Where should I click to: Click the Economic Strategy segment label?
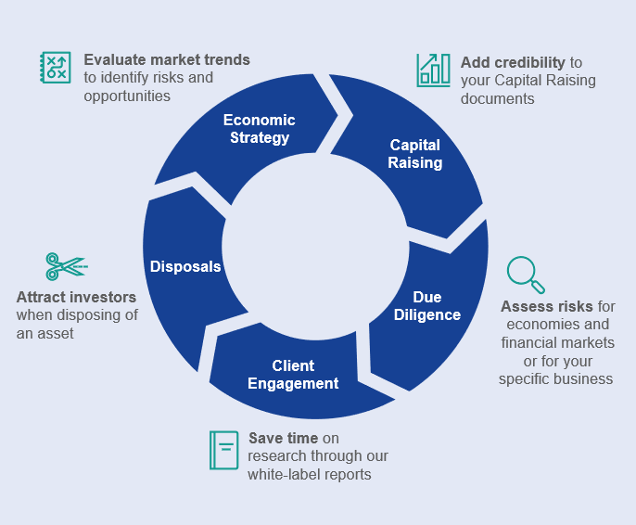(260, 129)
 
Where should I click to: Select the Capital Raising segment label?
(415, 154)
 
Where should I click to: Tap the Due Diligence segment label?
(426, 306)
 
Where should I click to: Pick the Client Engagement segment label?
(293, 375)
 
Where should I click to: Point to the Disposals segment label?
(185, 267)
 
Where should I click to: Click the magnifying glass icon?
(525, 275)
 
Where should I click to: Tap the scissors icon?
(65, 266)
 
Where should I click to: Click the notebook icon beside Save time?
(223, 450)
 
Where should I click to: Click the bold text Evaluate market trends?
(167, 60)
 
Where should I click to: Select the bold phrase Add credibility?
(513, 63)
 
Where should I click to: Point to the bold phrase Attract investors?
(76, 298)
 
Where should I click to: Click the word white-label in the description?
(286, 475)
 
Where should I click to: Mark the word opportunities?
(127, 96)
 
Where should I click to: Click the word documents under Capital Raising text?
(497, 99)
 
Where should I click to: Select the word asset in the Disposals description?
(55, 334)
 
